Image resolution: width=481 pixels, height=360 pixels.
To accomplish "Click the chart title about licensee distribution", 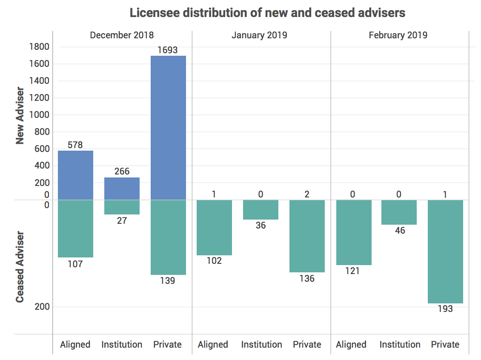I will [267, 13].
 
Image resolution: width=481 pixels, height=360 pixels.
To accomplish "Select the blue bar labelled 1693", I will [168, 128].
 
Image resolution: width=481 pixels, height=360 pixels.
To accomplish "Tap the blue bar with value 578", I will [75, 175].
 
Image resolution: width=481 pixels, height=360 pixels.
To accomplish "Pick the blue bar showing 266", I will [122, 189].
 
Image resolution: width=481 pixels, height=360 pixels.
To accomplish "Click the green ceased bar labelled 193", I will [445, 251].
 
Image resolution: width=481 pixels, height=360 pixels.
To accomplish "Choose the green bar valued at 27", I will [122, 207].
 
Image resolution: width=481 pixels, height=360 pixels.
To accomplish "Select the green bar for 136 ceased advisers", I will [307, 236].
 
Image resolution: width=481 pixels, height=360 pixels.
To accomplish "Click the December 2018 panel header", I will [122, 35].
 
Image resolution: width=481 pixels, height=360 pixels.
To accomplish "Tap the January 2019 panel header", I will [259, 35].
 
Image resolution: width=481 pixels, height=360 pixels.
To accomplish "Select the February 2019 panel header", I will [398, 35].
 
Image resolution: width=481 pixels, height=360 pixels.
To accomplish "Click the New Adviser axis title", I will [20, 116].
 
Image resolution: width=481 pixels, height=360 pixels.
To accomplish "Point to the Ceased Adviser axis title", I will [20, 267].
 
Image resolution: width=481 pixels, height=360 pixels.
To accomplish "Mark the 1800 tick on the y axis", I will [39, 46].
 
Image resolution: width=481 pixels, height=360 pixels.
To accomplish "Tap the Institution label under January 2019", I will [261, 344].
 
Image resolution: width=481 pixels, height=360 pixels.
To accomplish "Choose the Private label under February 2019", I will [445, 344].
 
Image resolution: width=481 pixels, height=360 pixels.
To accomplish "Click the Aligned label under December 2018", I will [75, 344].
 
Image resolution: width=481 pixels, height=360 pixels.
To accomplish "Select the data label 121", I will [352, 271].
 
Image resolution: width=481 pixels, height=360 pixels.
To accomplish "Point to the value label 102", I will [214, 260].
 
